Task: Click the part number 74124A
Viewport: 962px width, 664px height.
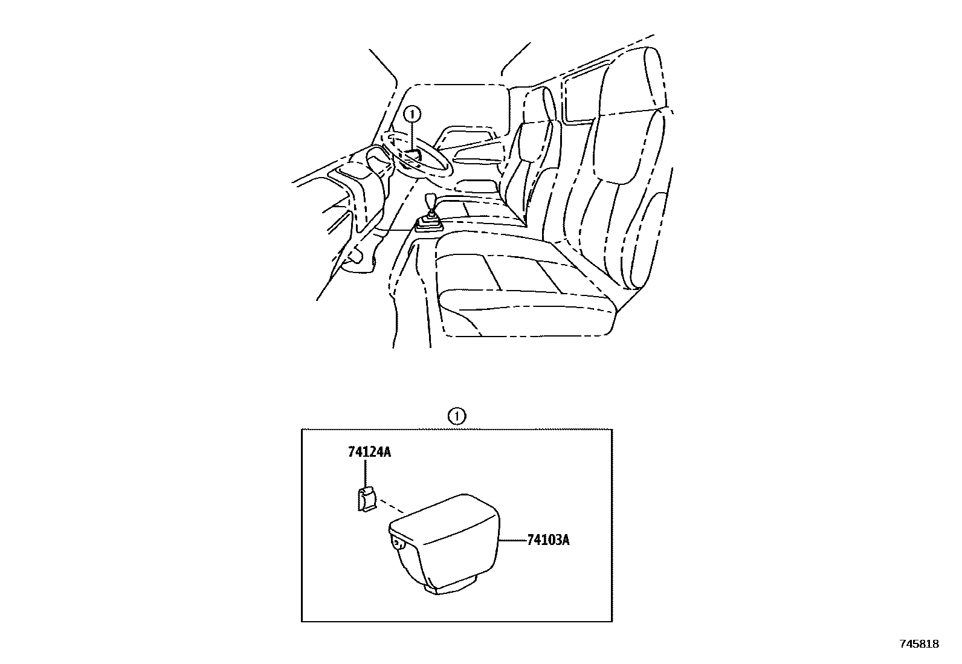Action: [369, 452]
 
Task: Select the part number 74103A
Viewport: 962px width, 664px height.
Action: [547, 540]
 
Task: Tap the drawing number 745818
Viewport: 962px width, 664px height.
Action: [919, 644]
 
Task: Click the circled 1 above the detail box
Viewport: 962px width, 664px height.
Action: [457, 416]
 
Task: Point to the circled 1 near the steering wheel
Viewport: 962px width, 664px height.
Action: [412, 114]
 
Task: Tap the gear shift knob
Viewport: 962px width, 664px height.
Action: [430, 201]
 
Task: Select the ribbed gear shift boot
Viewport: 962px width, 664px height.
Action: [428, 224]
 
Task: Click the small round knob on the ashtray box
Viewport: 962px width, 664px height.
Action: [397, 543]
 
